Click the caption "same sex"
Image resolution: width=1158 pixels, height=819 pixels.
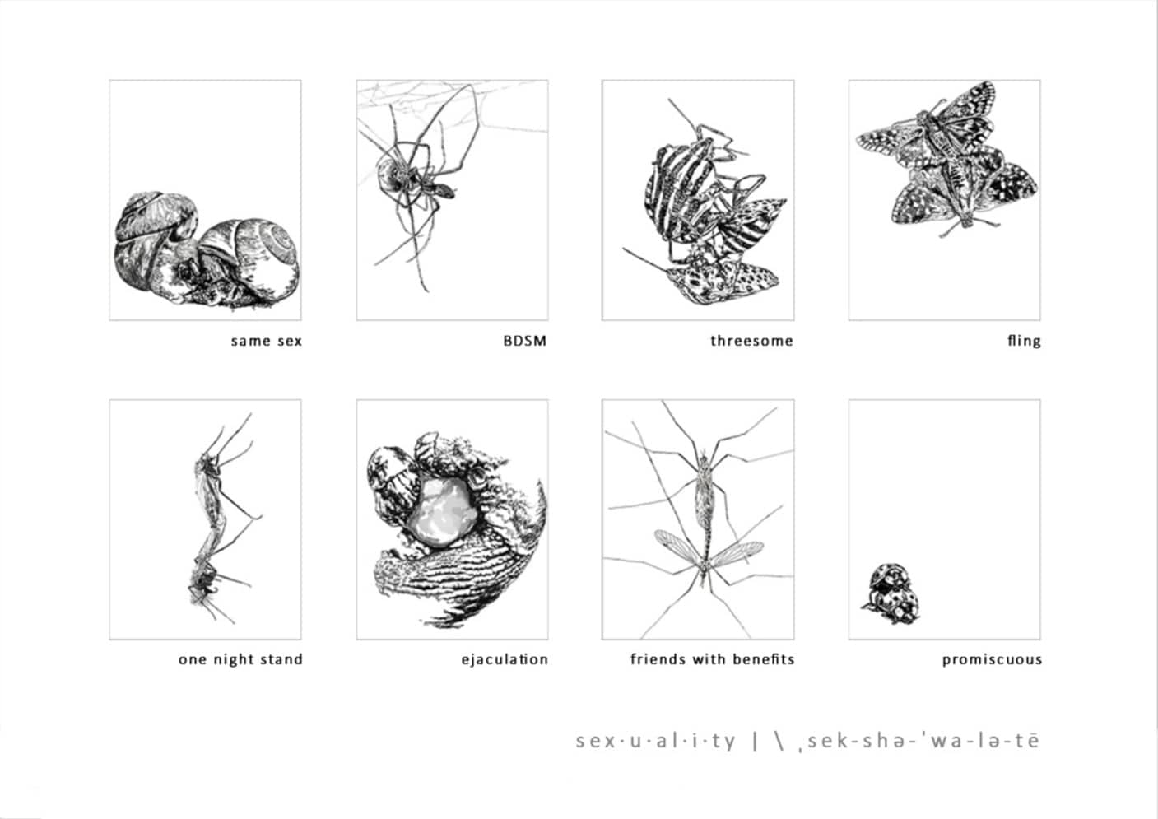coord(266,341)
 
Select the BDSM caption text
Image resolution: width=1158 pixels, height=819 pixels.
coord(525,341)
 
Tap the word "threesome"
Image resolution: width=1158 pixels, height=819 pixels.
coord(751,341)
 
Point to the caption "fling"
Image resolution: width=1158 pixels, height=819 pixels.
coord(1024,342)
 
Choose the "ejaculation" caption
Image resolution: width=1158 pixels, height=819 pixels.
coord(505,660)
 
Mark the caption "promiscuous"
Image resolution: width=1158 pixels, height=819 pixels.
coord(992,660)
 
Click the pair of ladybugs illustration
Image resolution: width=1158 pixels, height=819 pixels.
coord(891,593)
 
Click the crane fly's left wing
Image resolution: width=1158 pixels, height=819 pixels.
coord(677,547)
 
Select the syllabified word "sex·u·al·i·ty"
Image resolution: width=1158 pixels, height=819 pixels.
coord(655,742)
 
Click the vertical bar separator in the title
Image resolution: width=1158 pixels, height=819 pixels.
coord(756,742)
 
